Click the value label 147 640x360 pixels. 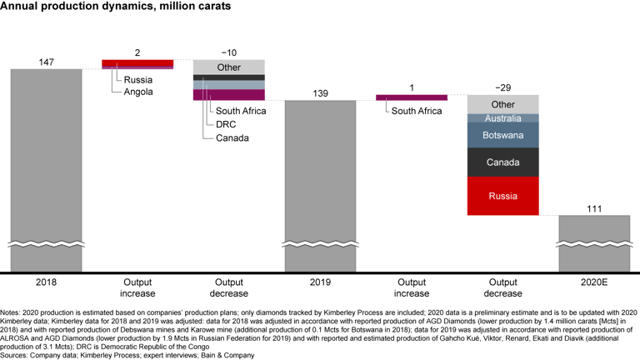pos(46,62)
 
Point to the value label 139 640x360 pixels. pos(320,93)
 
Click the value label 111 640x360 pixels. pos(594,208)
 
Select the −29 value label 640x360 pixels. pos(502,87)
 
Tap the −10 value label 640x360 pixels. pos(228,53)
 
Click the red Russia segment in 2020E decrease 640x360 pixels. pos(502,197)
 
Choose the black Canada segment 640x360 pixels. pos(502,162)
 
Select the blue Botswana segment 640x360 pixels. pos(502,135)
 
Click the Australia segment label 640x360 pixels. pos(502,118)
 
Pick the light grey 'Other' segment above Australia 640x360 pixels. pos(502,104)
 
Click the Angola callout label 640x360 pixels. pos(138,92)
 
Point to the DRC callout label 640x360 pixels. pos(226,124)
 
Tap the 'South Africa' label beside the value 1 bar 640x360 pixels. pos(417,111)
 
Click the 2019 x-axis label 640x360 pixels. pos(320,282)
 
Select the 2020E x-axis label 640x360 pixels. pos(594,282)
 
